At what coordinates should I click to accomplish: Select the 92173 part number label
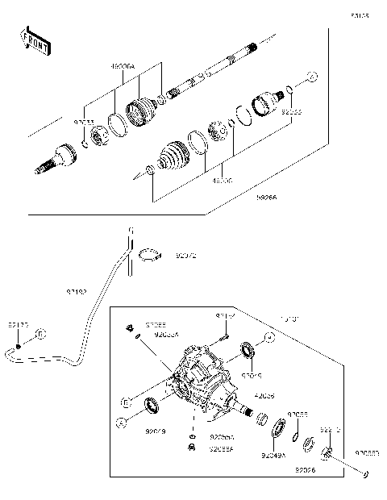point(18,324)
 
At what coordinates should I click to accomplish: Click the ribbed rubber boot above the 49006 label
point(170,156)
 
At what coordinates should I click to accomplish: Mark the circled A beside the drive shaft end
point(314,77)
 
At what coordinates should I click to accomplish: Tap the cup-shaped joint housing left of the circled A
point(265,103)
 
